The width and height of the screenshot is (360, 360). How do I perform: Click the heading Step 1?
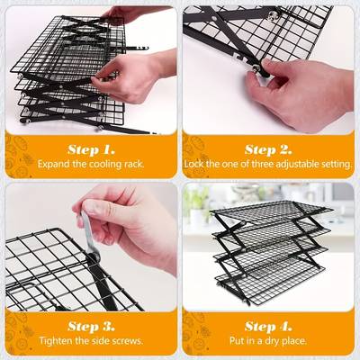(91, 149)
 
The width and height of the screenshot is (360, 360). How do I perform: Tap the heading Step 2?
(268, 149)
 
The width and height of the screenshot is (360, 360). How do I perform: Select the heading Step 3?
(91, 326)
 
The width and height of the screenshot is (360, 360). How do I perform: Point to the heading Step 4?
(268, 326)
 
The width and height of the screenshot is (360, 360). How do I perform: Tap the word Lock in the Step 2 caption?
(194, 164)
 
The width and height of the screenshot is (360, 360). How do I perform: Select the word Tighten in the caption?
(55, 341)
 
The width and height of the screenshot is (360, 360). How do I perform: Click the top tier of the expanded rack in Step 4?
(272, 211)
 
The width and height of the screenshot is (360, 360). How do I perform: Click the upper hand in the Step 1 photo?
(129, 15)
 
